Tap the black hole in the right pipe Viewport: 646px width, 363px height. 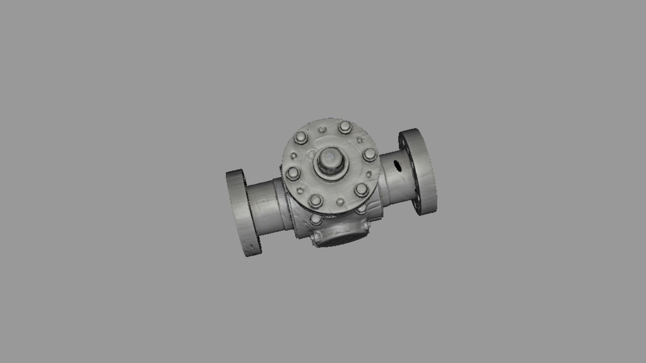pyautogui.click(x=397, y=165)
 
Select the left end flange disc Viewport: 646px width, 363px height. pyautogui.click(x=243, y=213)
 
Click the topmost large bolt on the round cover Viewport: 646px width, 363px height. pyautogui.click(x=345, y=127)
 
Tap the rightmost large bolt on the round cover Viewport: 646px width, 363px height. pyautogui.click(x=370, y=155)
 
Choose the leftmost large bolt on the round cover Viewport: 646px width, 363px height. pyautogui.click(x=293, y=173)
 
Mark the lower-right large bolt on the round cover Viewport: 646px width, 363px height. pyautogui.click(x=361, y=189)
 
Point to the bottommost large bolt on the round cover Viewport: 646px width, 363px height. pyautogui.click(x=316, y=200)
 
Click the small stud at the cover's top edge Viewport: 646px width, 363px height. pyautogui.click(x=322, y=129)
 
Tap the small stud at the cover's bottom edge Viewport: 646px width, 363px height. pyautogui.click(x=340, y=202)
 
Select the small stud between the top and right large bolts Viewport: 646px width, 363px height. pyautogui.click(x=359, y=139)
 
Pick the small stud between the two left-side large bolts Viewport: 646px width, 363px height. pyautogui.click(x=294, y=156)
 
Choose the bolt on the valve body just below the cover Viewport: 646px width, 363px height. pyautogui.click(x=316, y=219)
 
